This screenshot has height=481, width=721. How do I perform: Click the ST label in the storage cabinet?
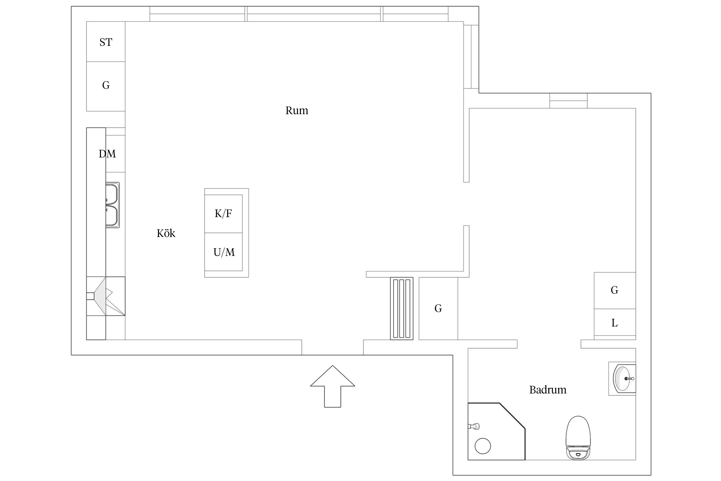click(106, 42)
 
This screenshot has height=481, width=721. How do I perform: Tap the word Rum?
click(297, 111)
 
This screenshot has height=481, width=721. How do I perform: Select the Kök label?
click(166, 233)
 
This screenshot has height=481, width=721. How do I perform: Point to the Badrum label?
click(548, 390)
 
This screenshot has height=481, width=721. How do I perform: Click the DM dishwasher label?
click(107, 154)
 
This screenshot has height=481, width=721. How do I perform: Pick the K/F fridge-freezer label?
click(223, 214)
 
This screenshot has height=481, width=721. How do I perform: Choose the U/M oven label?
click(224, 252)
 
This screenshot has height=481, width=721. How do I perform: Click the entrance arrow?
click(333, 386)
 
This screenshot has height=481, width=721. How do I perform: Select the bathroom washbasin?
click(623, 379)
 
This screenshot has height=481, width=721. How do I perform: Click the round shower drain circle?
click(483, 446)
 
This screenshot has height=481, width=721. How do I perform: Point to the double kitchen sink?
click(112, 205)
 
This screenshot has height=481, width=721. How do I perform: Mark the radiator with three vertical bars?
click(402, 308)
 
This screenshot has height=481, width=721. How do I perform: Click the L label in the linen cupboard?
click(615, 323)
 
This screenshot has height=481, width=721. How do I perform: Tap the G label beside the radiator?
click(438, 308)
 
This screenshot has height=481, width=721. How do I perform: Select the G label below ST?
click(106, 85)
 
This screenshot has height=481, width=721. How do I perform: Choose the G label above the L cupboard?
click(615, 290)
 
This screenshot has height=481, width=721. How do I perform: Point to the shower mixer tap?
click(474, 426)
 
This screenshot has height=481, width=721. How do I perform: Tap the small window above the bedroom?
click(568, 101)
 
